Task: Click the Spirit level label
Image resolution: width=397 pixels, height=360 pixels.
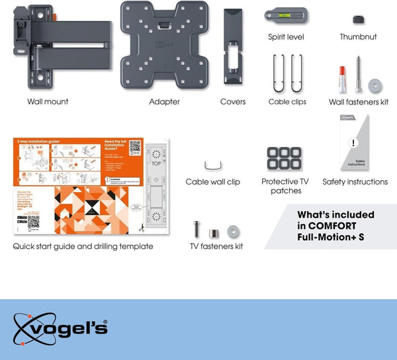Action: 286,37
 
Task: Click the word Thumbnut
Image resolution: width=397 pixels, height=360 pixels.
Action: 358,37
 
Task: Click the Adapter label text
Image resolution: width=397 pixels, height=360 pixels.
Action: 165,102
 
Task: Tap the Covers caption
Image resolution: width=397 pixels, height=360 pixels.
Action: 233,102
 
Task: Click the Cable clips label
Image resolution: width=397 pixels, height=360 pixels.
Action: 287,102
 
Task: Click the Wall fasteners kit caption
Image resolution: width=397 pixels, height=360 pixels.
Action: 358,102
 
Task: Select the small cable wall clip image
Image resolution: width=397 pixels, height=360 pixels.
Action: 212,165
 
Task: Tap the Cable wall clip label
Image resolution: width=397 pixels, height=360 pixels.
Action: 212,182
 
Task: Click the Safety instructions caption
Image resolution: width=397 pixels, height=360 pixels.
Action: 355,182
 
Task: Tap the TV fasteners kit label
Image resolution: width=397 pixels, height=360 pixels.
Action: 216,246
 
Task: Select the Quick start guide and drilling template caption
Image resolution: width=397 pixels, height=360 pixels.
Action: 83,246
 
